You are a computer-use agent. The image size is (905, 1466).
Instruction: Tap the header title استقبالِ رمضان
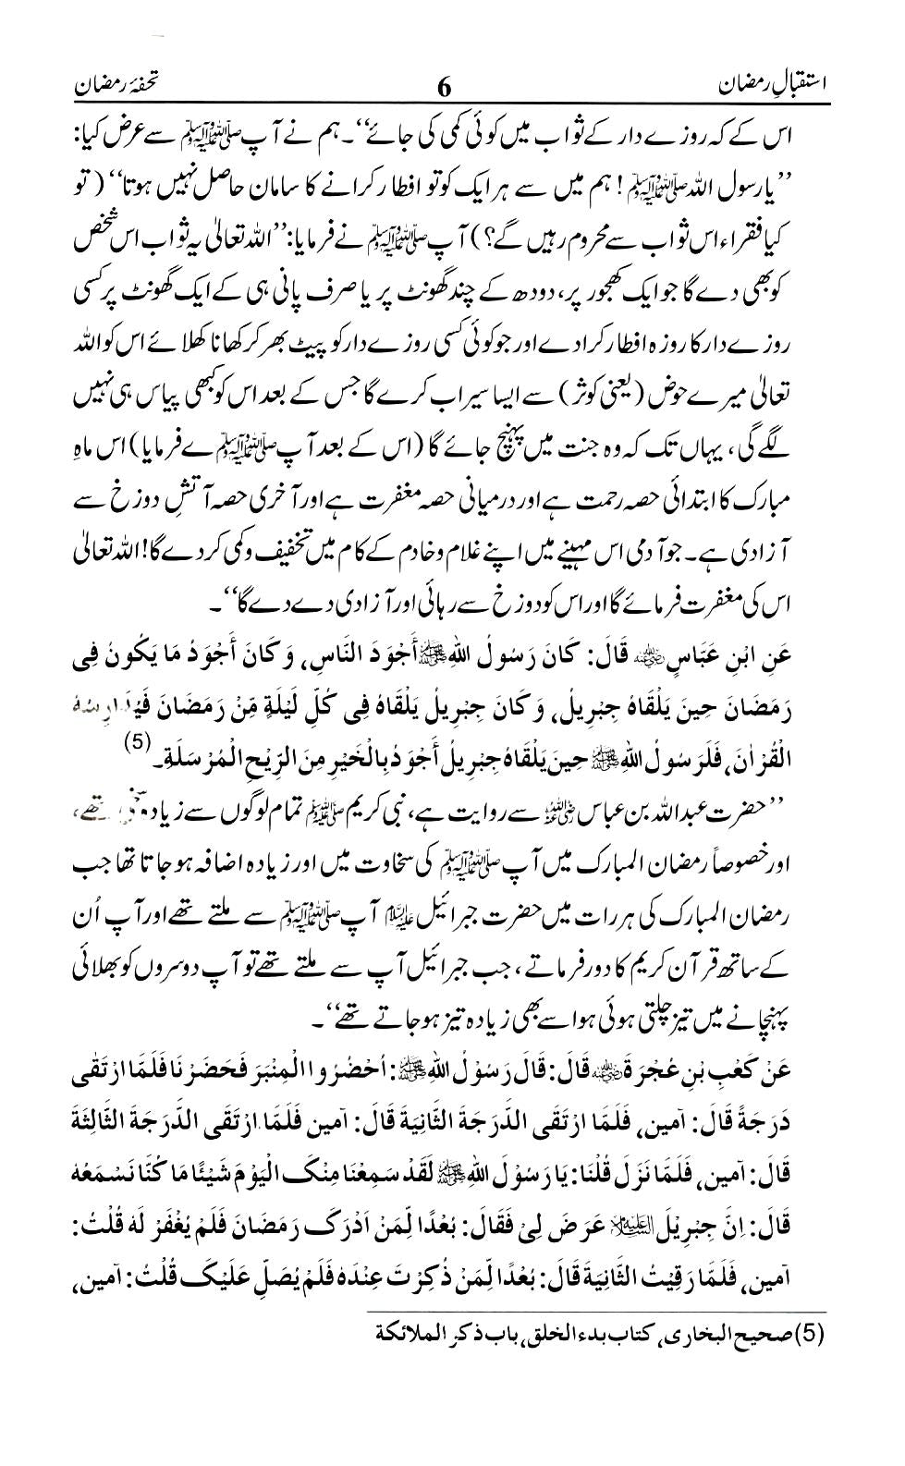point(776,85)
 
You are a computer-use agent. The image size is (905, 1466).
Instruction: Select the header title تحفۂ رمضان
point(128,85)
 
